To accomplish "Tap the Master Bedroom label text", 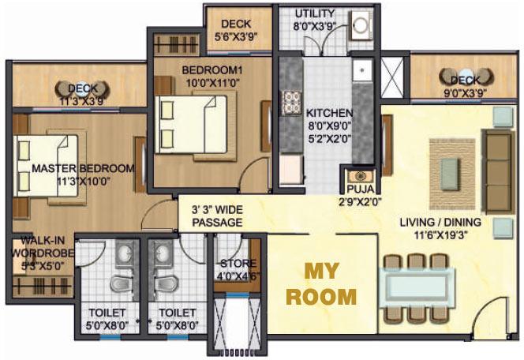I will (83, 169).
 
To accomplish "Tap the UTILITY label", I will (314, 14).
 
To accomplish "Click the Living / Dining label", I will (440, 223).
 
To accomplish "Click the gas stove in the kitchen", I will (291, 99).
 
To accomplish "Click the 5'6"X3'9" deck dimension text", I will (236, 36).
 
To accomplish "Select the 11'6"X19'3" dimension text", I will (440, 234).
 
